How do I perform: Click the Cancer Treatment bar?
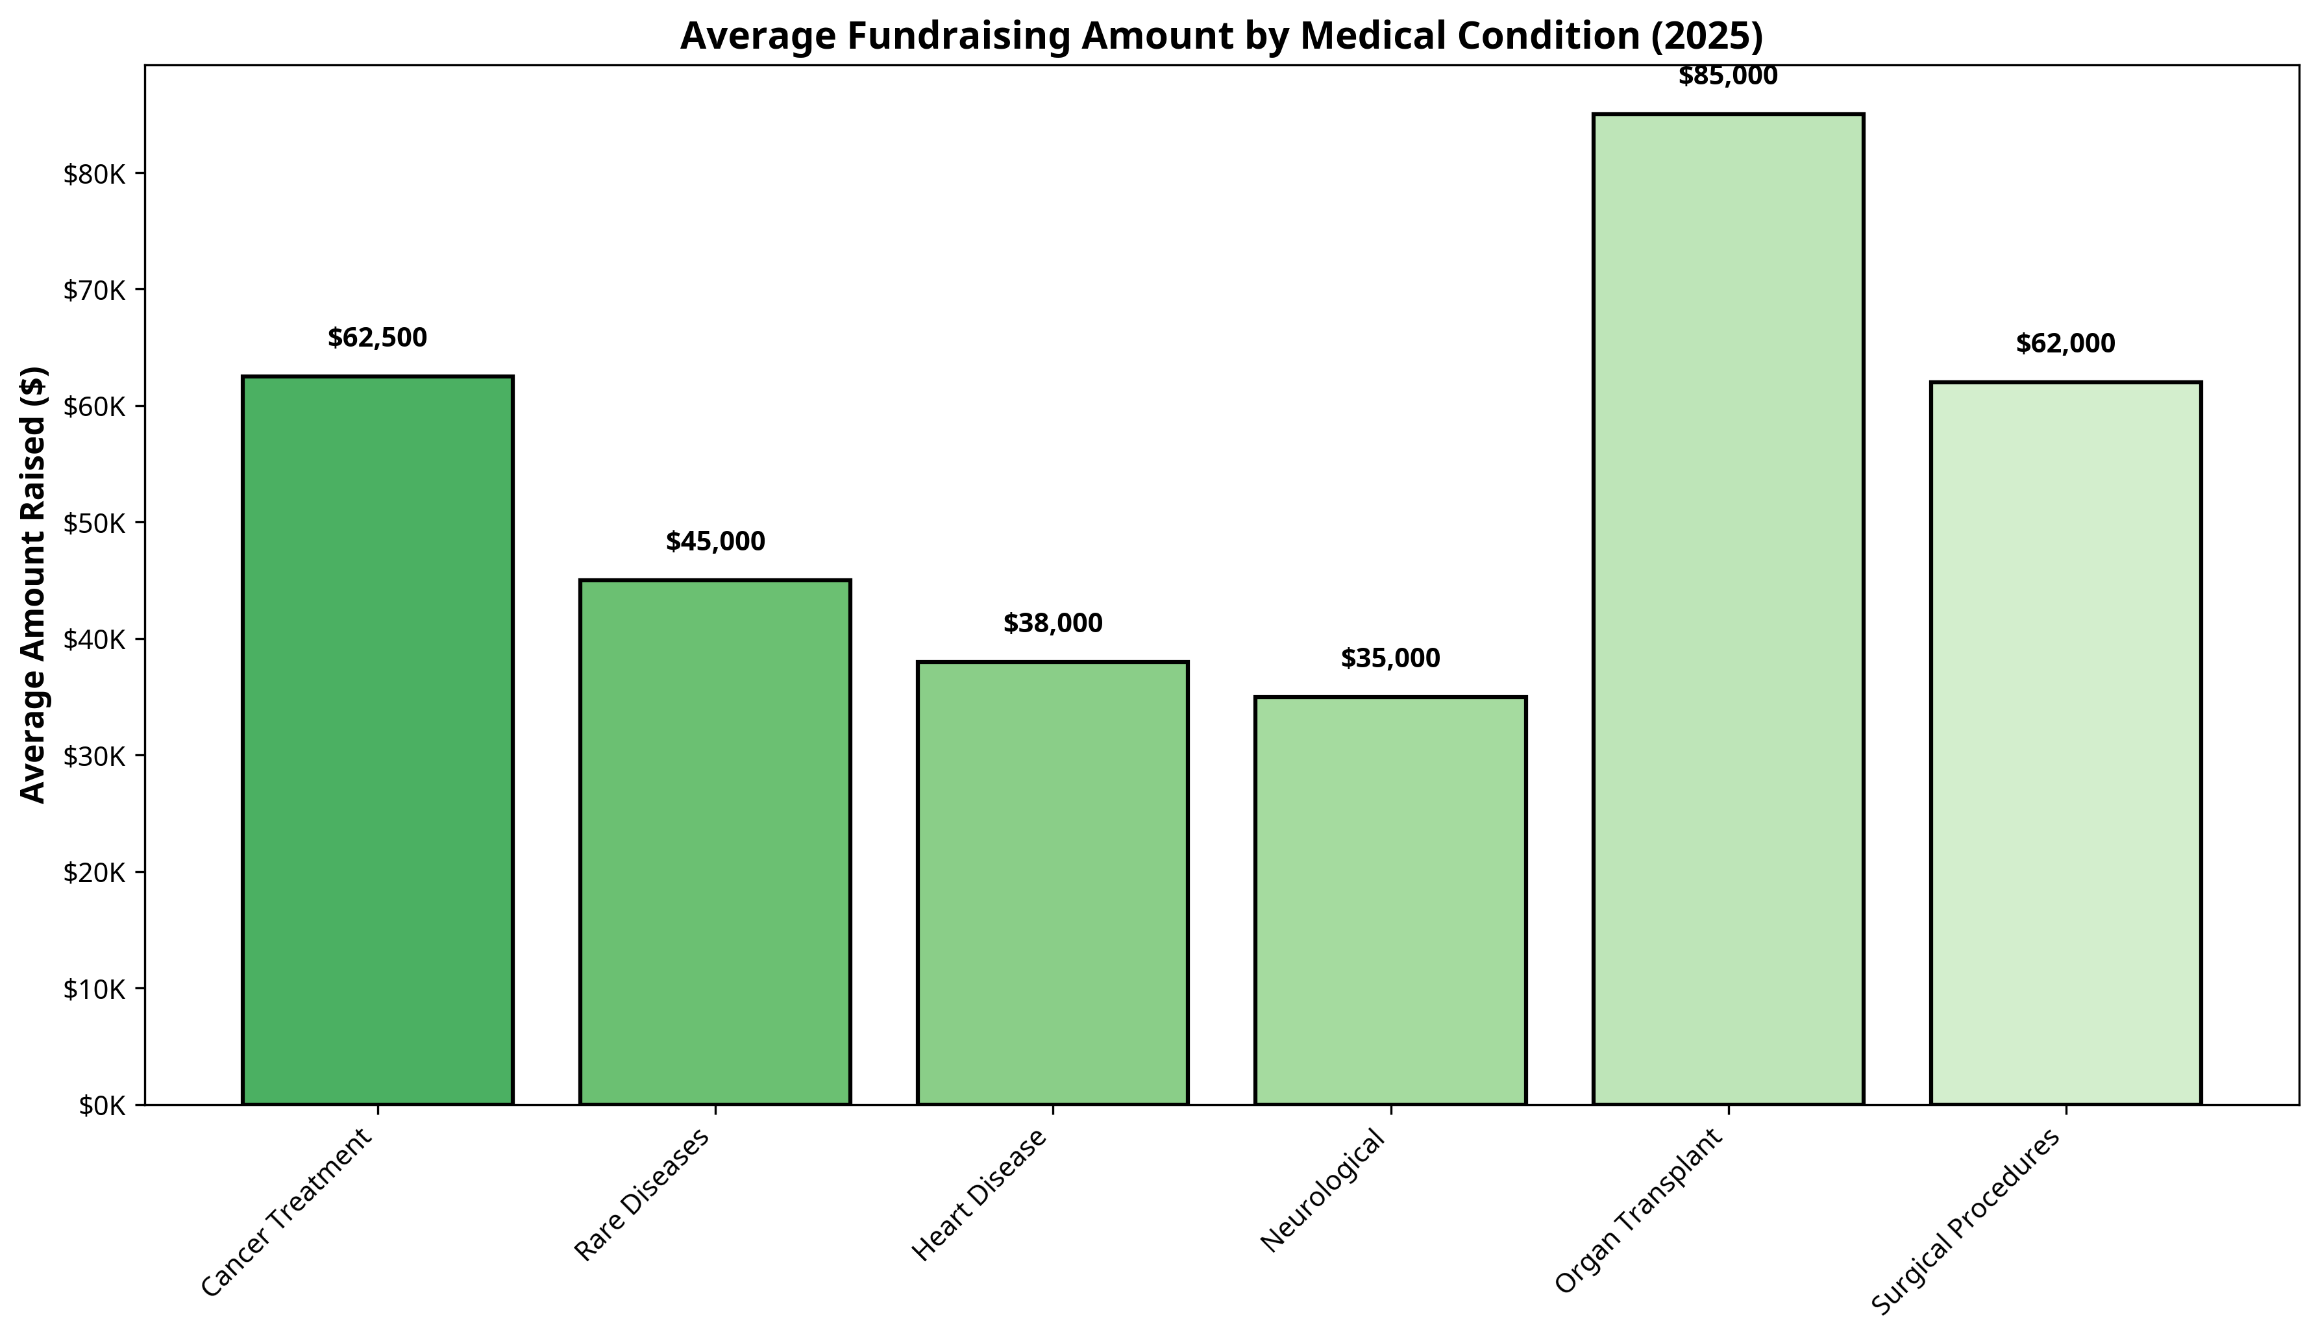377,741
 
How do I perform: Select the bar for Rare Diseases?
715,842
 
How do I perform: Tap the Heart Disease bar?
1052,883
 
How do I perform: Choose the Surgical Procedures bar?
2065,743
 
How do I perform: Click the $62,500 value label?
377,338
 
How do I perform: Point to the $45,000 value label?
715,543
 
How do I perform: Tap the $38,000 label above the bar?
1052,624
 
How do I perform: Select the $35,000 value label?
1390,659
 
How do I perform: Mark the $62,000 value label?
2065,344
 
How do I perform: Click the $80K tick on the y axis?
93,174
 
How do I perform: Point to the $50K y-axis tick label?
93,523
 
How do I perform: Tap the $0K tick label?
100,1105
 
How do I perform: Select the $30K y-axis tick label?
93,756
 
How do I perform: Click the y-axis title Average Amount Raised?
33,585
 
